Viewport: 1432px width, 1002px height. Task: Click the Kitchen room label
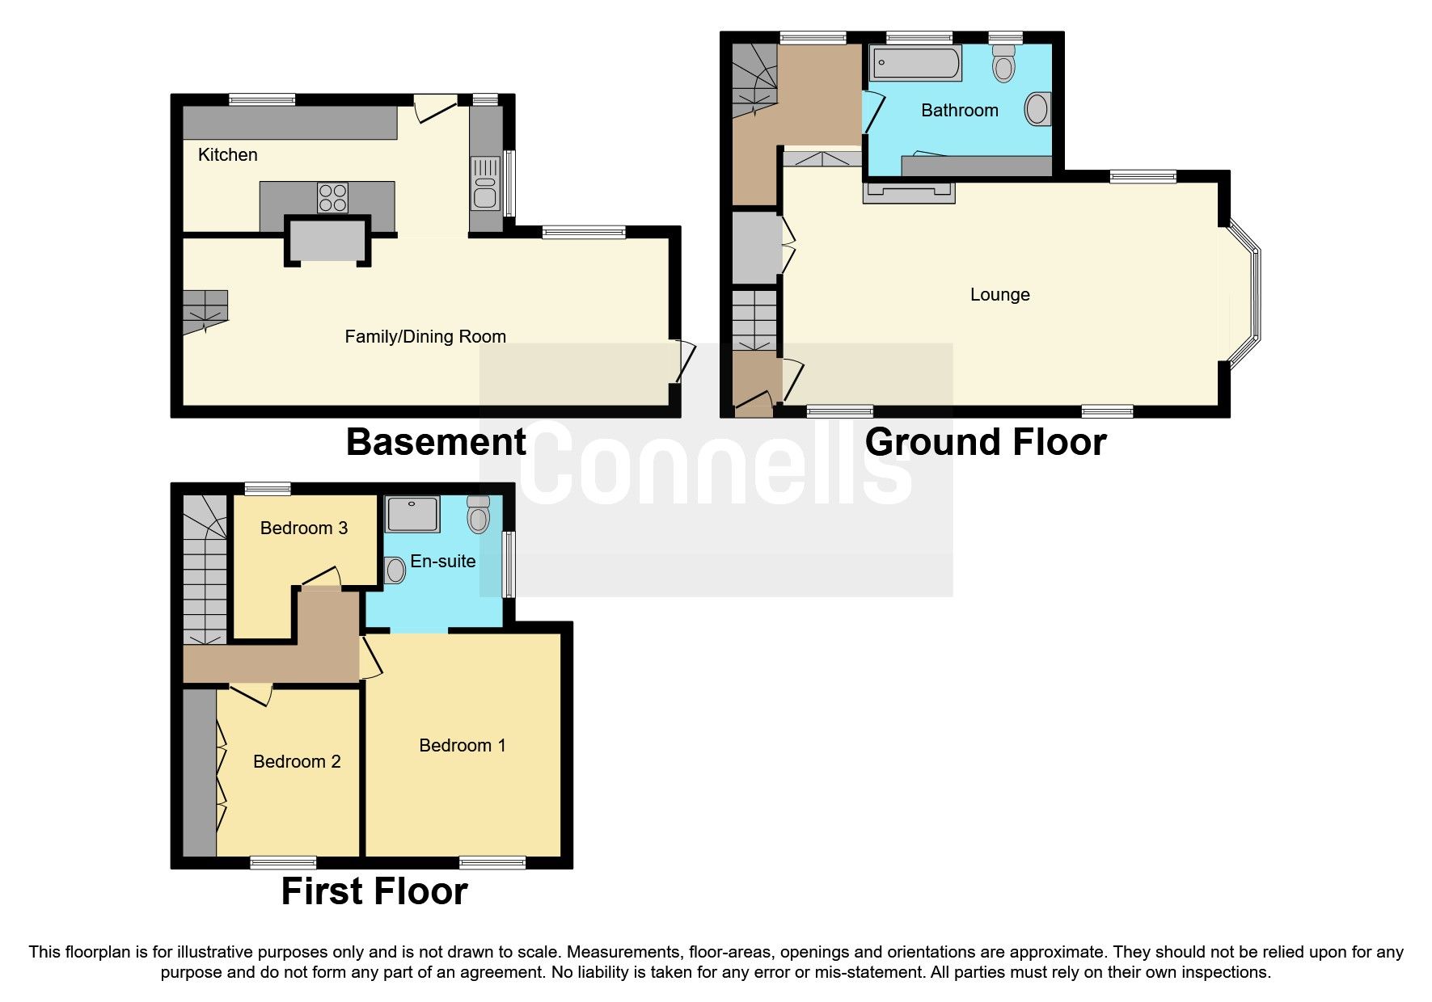227,154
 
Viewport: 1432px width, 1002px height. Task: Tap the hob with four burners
333,197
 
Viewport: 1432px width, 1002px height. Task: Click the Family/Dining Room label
425,336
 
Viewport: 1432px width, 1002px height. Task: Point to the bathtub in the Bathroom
916,63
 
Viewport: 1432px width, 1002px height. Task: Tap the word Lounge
999,294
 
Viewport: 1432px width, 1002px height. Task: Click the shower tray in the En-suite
412,515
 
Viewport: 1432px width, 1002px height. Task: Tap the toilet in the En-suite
479,514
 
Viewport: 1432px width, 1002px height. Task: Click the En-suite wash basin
395,570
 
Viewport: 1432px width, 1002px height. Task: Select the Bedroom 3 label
303,528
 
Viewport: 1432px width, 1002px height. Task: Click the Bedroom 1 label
462,745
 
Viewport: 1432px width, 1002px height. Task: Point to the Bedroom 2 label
296,761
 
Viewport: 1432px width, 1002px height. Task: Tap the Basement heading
436,442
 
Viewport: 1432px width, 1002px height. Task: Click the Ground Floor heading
985,442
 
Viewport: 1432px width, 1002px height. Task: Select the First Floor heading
374,891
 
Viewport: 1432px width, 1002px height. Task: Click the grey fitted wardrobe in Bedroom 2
199,772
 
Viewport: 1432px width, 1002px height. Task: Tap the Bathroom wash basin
1037,109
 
